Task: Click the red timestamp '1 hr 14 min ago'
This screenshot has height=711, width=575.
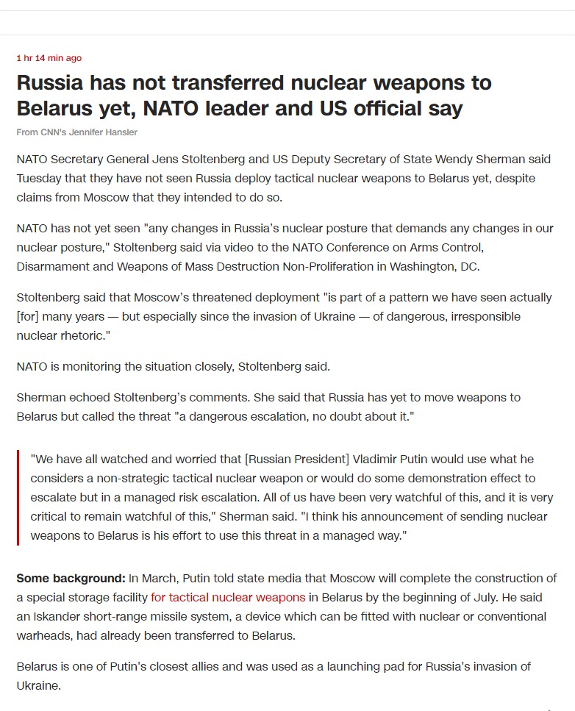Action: (x=49, y=58)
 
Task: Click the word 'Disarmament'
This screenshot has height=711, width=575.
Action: (x=49, y=266)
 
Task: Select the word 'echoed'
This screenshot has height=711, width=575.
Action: (x=91, y=397)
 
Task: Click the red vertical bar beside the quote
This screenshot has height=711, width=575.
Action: (x=18, y=496)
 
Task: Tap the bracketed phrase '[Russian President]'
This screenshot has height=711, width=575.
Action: (x=295, y=458)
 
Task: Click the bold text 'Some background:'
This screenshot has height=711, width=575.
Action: (x=71, y=578)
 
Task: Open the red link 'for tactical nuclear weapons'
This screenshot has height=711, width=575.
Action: (x=228, y=597)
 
